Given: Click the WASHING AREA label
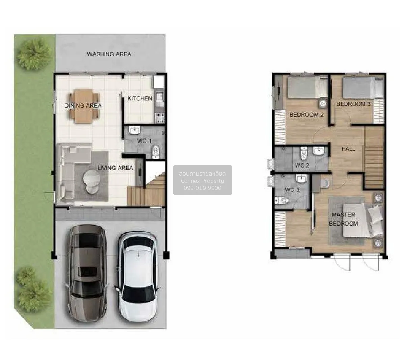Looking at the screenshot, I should pos(109,54).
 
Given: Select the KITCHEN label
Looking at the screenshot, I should pos(140,98).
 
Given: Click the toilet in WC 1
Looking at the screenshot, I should pos(156,151).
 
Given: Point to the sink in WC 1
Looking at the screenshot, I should pos(135,130).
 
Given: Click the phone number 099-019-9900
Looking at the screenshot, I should pos(202,188).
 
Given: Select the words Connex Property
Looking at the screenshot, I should pos(202,181).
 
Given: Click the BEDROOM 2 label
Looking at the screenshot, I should pos(306,114).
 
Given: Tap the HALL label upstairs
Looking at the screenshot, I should pos(348,149).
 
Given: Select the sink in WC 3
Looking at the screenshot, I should pos(300,178).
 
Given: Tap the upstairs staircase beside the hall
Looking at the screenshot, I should pos(374,158).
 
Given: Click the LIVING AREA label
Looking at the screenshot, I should pos(115,168).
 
